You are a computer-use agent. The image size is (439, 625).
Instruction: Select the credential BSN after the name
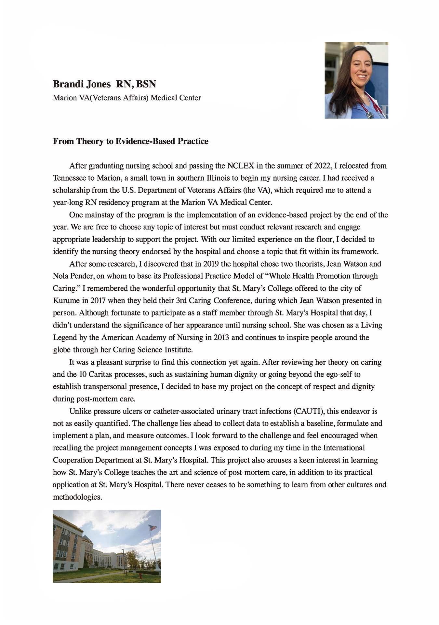coord(146,84)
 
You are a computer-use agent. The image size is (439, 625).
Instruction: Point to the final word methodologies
coord(77,497)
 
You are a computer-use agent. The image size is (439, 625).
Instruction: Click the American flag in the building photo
coord(153,528)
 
